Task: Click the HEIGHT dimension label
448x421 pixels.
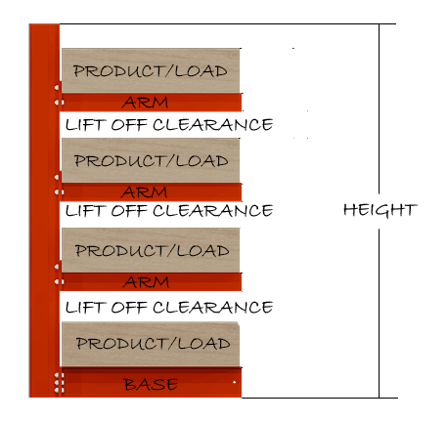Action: (x=380, y=210)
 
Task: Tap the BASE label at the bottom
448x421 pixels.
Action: (x=151, y=384)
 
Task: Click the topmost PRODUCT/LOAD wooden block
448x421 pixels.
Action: (x=151, y=70)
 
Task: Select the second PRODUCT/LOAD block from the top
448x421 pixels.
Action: (x=151, y=160)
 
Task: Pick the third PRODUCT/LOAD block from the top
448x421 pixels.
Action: (x=151, y=250)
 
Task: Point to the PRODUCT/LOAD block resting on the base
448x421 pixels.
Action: (x=151, y=344)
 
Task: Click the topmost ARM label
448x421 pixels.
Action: (x=146, y=103)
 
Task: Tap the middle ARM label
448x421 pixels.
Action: (x=145, y=192)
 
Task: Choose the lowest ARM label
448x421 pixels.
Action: (x=146, y=282)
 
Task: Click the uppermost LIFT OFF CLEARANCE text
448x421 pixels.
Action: (x=169, y=125)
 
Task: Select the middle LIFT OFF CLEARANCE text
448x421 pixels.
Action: (x=169, y=211)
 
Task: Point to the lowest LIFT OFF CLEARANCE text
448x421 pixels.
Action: (x=169, y=307)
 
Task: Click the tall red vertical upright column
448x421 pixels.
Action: (x=44, y=210)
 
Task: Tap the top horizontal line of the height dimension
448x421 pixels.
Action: (x=228, y=23)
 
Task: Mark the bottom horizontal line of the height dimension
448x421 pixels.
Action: (x=320, y=398)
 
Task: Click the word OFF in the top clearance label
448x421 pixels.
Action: (x=129, y=125)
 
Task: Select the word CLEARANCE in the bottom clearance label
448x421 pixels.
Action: (x=212, y=307)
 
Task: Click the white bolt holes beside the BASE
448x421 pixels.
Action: (x=59, y=383)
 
